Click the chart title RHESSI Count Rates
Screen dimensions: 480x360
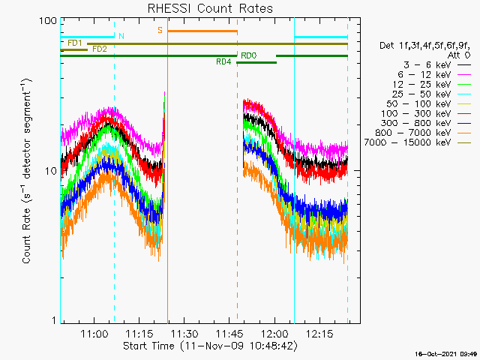[x=210, y=8]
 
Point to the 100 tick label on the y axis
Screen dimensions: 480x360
[x=48, y=21]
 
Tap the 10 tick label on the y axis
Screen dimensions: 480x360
[x=51, y=171]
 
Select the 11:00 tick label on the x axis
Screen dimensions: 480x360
[x=94, y=333]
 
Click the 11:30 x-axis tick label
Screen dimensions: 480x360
[x=184, y=333]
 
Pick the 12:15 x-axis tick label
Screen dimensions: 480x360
[x=319, y=333]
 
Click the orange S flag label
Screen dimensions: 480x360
[x=160, y=30]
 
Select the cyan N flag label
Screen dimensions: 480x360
[x=121, y=36]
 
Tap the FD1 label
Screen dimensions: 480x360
[x=75, y=43]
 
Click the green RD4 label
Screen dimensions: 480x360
[x=223, y=61]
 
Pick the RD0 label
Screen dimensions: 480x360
[x=248, y=55]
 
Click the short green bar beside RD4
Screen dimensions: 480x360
[x=256, y=63]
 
